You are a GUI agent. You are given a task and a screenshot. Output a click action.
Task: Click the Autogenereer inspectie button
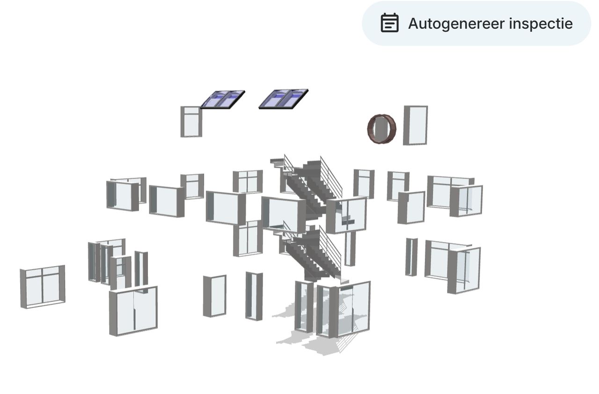click(476, 23)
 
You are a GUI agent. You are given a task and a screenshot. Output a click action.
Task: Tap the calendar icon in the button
click(390, 23)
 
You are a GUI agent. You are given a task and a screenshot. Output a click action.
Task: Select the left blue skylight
click(222, 100)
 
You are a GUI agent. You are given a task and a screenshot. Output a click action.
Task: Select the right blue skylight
click(284, 99)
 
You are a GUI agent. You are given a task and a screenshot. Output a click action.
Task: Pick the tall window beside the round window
click(415, 125)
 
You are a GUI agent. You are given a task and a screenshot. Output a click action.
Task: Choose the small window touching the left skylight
click(191, 122)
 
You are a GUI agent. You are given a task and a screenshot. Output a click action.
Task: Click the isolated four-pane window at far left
click(43, 287)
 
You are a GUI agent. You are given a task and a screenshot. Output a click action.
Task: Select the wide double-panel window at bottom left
click(133, 311)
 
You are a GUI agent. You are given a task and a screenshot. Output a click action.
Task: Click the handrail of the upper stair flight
click(331, 176)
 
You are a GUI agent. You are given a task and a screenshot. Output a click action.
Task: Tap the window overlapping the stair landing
click(346, 215)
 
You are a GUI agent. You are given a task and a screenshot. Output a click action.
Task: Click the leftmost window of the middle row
click(126, 194)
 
